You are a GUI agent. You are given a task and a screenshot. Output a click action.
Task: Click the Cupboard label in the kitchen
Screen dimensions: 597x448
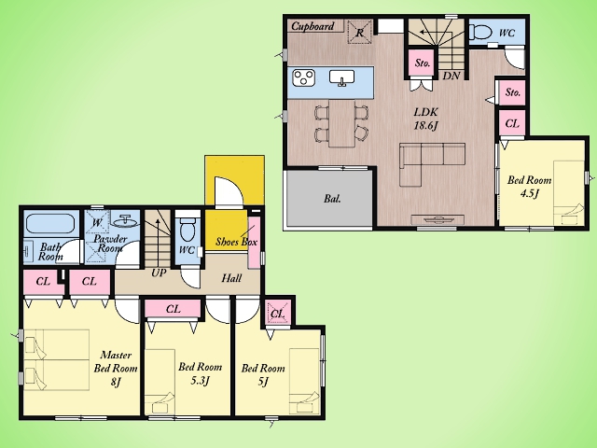click(312, 26)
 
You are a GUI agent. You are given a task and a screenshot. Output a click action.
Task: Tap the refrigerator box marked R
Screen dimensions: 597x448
click(360, 32)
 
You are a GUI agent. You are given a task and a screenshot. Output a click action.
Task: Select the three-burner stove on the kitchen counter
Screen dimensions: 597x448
click(303, 77)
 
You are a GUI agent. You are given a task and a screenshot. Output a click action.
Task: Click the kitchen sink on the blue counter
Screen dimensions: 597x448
click(342, 77)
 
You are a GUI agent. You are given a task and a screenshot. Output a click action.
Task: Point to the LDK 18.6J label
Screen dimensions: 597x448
click(426, 119)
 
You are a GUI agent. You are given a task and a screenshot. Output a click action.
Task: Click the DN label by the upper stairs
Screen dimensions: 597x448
click(451, 76)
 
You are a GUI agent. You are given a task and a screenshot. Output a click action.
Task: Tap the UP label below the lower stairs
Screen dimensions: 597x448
click(159, 273)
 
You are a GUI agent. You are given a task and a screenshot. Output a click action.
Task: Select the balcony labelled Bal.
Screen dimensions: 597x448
click(328, 198)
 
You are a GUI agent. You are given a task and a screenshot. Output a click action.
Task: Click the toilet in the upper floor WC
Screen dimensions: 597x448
click(481, 33)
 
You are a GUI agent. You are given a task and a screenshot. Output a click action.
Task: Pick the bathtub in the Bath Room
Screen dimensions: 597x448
click(50, 225)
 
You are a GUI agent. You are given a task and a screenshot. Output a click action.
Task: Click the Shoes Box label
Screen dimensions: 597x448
click(236, 242)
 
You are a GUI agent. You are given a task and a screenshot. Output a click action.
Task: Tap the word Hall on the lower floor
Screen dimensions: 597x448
click(231, 278)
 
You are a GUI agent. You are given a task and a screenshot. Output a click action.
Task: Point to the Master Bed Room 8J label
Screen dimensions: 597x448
click(116, 368)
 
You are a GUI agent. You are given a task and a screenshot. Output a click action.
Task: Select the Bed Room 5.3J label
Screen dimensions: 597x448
click(201, 373)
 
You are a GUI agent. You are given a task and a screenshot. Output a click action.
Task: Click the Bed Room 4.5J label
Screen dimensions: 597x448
click(529, 187)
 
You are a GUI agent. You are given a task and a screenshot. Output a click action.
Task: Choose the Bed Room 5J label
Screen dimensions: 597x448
click(263, 374)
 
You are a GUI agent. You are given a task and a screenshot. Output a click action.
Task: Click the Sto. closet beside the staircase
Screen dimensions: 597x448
click(423, 63)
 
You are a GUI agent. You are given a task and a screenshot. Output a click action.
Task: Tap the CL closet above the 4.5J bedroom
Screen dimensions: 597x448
click(512, 123)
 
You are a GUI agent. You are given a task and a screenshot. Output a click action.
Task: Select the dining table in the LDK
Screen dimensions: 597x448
click(341, 122)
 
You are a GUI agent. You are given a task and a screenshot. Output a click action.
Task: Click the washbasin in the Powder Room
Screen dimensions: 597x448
click(124, 220)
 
